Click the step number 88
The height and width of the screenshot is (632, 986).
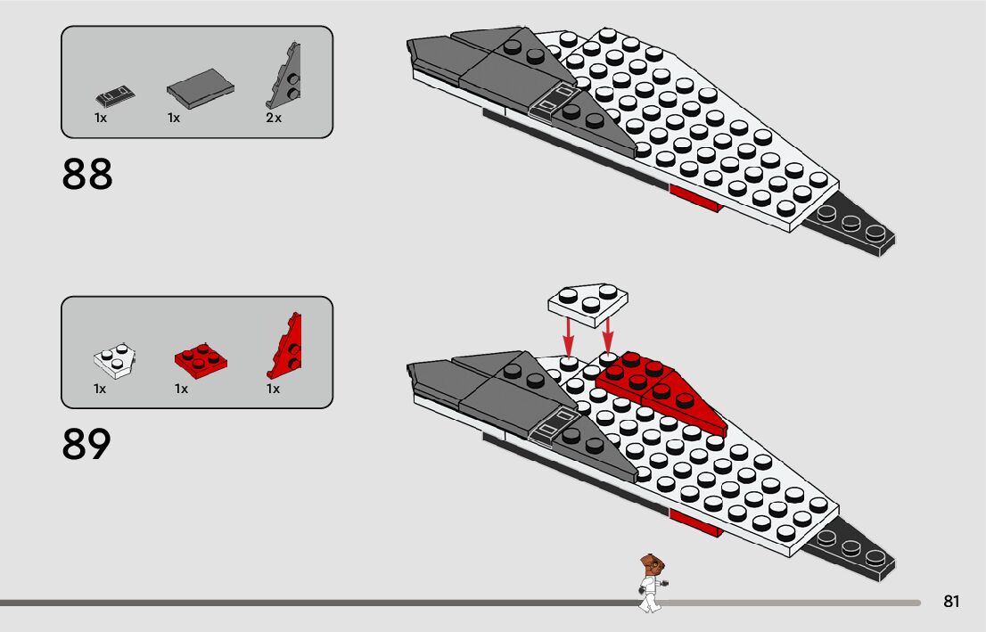coord(87,175)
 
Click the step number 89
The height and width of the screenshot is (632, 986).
coord(87,444)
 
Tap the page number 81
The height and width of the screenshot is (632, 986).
coord(951,602)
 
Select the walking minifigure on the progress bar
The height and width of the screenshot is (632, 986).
coord(650,583)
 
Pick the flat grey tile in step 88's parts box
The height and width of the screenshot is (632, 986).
coord(201,86)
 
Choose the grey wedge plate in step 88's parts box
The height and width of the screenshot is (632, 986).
coord(284,77)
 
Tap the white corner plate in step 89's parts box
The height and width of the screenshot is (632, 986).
coord(113,360)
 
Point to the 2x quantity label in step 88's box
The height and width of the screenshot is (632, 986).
coord(273,119)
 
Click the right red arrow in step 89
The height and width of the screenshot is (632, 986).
coord(608,333)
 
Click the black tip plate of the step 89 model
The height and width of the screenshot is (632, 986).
coord(851,548)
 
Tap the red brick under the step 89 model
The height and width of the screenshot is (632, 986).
coord(695,522)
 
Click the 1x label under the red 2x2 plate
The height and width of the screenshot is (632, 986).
coord(181,389)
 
